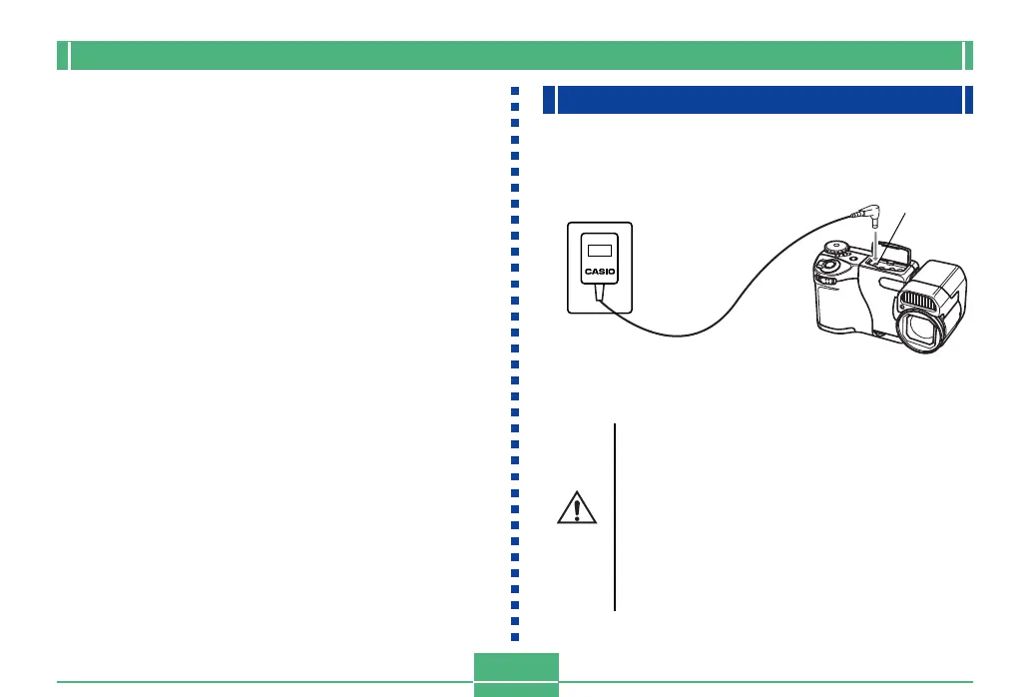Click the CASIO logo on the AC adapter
coord(600,271)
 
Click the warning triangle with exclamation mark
coord(577,509)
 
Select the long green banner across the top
coord(514,56)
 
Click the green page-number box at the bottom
coord(515,674)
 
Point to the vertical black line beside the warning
coord(615,515)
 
